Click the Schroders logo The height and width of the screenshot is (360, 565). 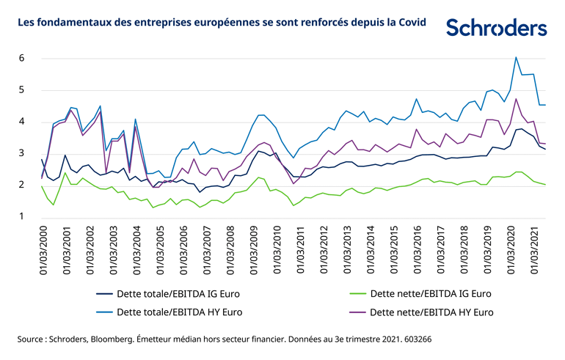[x=496, y=28]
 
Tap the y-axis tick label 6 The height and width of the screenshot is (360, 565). [x=22, y=58]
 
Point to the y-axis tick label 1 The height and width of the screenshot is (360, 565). [x=22, y=217]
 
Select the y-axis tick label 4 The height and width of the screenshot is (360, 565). [x=22, y=122]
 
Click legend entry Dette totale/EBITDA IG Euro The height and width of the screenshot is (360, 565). [x=179, y=294]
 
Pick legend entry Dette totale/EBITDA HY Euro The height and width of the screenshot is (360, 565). [x=179, y=313]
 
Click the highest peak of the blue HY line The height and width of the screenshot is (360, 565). [x=516, y=57]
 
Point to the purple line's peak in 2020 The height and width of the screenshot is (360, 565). [x=516, y=99]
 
